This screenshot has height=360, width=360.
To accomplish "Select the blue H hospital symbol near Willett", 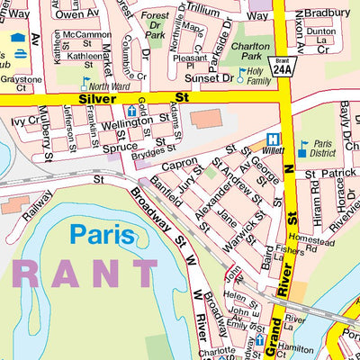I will [x=271, y=140].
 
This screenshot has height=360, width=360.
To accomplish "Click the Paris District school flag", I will [x=303, y=143].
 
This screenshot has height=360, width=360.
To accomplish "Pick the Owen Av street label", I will [x=80, y=14].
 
